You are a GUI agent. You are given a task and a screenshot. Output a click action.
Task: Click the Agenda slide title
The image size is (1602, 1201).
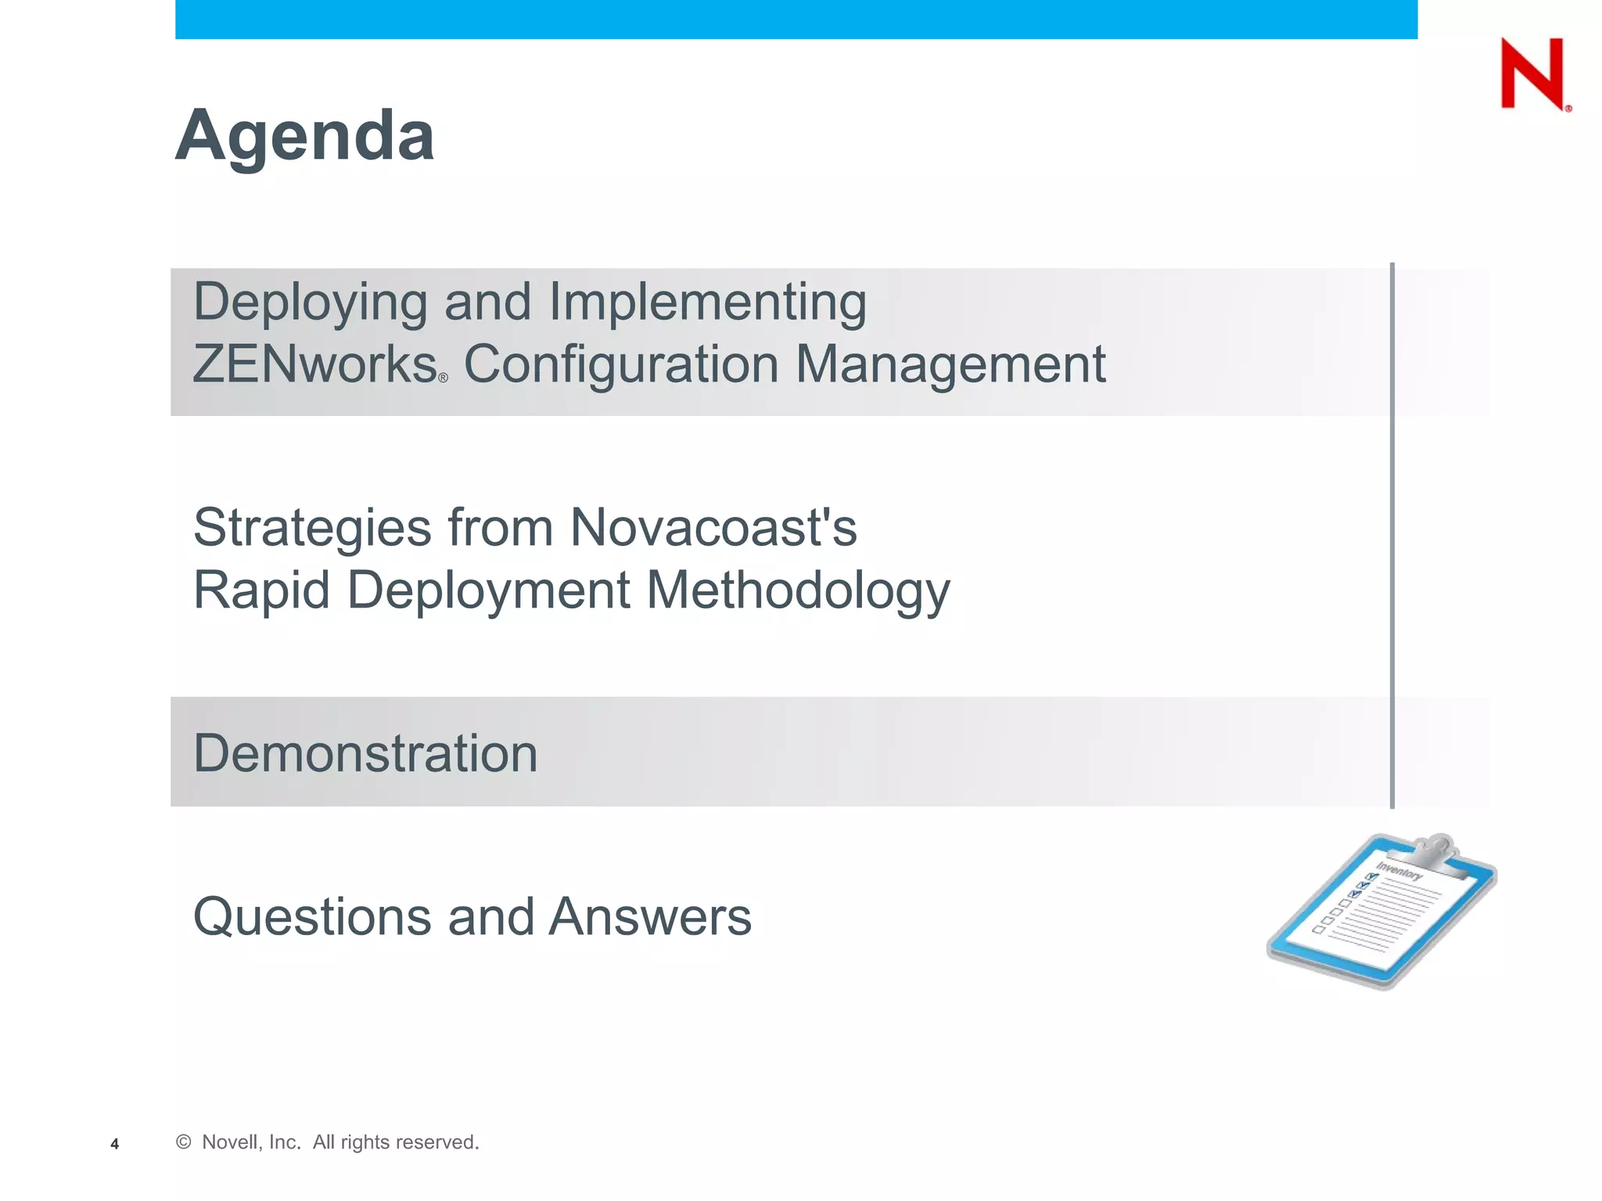(304, 137)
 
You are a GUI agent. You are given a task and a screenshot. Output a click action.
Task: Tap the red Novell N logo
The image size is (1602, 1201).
(1532, 73)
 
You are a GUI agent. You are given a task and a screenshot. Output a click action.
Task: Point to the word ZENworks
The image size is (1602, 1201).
(314, 365)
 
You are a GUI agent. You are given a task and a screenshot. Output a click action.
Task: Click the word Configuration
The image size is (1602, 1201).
(621, 365)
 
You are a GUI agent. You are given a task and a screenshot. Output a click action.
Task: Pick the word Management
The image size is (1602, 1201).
(950, 365)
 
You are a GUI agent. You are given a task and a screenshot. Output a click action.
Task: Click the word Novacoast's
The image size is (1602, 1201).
(713, 528)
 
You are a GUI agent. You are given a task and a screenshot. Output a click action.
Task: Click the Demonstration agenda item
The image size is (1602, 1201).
(365, 754)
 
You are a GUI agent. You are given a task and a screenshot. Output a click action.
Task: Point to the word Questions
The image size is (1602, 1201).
(312, 917)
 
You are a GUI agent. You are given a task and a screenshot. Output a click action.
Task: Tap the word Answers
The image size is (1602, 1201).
(649, 917)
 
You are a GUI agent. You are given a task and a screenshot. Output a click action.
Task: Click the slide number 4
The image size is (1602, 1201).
(114, 1145)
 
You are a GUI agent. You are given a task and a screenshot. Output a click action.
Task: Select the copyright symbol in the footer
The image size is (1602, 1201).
(184, 1142)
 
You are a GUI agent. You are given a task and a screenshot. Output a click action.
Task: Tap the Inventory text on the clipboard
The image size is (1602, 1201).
(1399, 871)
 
